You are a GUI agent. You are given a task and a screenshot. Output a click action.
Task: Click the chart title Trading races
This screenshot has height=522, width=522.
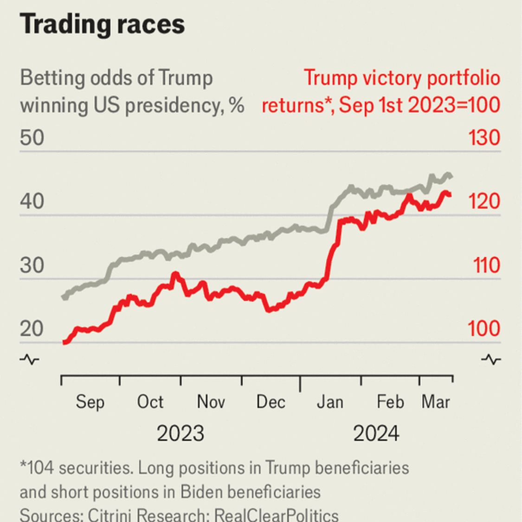[102, 24]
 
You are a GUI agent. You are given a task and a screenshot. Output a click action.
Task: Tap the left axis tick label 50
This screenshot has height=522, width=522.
[32, 138]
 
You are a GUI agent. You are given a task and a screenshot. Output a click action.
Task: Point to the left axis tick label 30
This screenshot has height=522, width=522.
[32, 266]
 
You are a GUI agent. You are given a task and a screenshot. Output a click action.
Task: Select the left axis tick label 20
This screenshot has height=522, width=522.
[32, 329]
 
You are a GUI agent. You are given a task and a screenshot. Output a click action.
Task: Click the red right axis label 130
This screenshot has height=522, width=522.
[483, 138]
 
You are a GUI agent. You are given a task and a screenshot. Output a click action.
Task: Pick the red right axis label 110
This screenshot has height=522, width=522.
[487, 266]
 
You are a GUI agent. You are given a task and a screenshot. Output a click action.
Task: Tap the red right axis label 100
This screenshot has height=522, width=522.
[483, 329]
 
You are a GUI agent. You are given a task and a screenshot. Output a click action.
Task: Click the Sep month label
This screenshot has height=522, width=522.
[90, 402]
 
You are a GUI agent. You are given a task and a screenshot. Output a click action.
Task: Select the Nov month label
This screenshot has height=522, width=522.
[211, 402]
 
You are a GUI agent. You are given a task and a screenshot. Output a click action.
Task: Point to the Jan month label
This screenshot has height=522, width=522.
[330, 402]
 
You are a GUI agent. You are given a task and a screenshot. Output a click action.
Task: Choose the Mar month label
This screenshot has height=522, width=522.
[436, 402]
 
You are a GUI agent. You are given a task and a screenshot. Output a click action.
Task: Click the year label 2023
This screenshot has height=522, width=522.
[180, 434]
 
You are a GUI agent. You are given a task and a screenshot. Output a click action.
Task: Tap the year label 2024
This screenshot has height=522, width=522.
[376, 434]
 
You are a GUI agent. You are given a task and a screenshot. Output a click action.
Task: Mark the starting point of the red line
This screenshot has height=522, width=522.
[64, 342]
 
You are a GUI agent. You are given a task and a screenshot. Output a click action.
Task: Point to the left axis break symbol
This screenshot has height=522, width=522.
[29, 360]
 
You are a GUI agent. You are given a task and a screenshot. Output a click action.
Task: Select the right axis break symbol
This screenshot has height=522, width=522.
[490, 360]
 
